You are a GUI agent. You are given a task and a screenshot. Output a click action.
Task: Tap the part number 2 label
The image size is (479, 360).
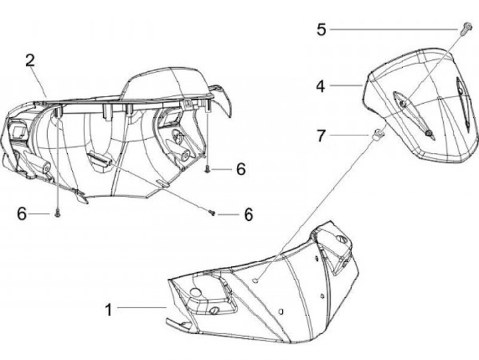[30, 61]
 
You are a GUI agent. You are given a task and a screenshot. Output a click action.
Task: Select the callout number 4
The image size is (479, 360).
[321, 86]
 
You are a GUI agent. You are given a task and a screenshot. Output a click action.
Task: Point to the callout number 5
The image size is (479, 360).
[322, 29]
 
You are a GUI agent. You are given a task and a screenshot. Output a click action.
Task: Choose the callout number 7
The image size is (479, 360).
[321, 136]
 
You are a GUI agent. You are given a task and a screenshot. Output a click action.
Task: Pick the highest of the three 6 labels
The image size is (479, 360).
[240, 170]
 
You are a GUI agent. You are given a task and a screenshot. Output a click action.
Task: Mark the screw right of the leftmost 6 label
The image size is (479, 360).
[58, 213]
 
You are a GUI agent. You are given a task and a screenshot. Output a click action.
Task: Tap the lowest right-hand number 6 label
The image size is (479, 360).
[249, 214]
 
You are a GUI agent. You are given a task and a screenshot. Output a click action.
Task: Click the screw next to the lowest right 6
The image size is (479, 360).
[212, 213]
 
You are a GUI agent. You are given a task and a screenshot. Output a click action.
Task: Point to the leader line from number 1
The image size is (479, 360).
[142, 307]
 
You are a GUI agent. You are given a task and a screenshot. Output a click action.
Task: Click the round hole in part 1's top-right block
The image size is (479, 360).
[341, 241]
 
